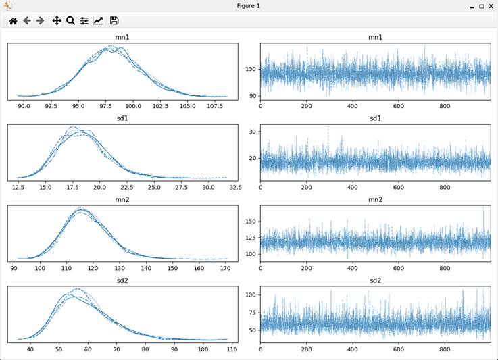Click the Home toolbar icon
click(x=13, y=21)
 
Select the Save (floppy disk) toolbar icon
click(x=114, y=21)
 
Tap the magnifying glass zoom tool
click(x=70, y=21)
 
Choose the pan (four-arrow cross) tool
click(x=57, y=21)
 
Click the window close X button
click(x=491, y=6)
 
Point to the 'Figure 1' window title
click(x=248, y=6)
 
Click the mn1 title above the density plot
click(x=122, y=37)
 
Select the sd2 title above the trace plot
click(x=375, y=281)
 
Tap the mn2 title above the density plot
click(x=122, y=200)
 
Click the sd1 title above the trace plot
click(x=375, y=119)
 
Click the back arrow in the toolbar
click(x=27, y=21)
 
